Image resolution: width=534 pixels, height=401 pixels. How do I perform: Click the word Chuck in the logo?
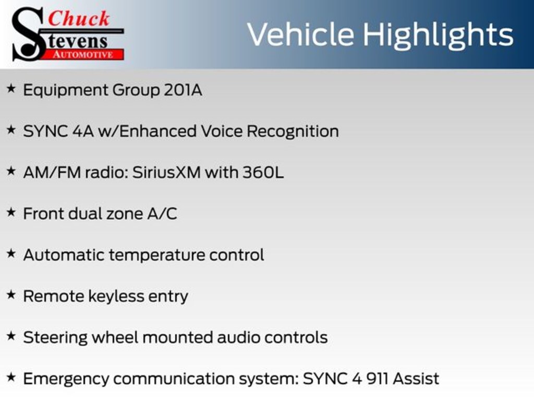click(x=79, y=18)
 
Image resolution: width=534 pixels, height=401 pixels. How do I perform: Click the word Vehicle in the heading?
click(x=300, y=34)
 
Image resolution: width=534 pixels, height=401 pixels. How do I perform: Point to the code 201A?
click(x=183, y=90)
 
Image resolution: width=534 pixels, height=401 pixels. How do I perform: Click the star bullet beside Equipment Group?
click(x=11, y=88)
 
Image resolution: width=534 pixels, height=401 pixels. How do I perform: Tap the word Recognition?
click(x=293, y=132)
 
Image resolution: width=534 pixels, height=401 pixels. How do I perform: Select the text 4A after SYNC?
click(x=83, y=131)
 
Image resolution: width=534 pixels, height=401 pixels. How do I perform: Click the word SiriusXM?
click(x=166, y=172)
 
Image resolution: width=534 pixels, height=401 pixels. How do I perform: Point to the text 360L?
click(x=263, y=172)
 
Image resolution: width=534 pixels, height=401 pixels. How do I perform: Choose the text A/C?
click(x=162, y=214)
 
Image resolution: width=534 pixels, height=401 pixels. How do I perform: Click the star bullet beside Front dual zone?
click(x=11, y=212)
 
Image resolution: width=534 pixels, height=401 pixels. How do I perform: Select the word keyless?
click(x=116, y=296)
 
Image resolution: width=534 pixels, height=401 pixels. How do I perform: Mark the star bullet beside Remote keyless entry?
click(x=11, y=294)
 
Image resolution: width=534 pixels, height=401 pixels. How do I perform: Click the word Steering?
click(x=55, y=338)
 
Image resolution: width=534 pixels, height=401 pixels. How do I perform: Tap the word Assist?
click(x=416, y=379)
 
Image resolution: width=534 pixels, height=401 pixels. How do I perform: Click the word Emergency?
click(x=66, y=380)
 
